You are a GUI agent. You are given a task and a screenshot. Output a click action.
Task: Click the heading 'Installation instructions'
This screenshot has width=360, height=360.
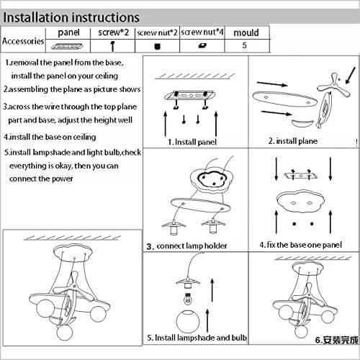[71, 18]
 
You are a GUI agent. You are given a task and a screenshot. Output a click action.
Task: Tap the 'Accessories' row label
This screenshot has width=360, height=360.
[23, 41]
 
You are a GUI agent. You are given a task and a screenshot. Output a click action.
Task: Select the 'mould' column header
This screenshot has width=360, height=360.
[246, 32]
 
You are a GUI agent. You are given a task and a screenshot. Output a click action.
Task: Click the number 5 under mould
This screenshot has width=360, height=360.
[244, 45]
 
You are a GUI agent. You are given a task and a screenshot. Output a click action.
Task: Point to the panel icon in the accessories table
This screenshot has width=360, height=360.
[67, 46]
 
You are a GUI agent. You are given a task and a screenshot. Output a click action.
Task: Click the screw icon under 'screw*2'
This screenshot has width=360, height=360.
[112, 46]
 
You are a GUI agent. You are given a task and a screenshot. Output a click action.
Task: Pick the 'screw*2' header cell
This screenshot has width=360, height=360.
[113, 32]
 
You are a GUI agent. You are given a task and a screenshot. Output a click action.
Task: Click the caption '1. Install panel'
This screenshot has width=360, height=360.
[192, 142]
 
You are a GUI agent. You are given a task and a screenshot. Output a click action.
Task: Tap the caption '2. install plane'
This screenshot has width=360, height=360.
[293, 141]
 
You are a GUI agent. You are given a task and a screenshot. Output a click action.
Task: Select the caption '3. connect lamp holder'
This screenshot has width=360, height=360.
[186, 246]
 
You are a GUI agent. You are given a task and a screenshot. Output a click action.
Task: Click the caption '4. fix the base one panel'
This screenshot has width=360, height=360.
[300, 245]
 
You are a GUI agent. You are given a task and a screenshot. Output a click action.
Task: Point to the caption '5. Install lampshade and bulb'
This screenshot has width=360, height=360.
[197, 338]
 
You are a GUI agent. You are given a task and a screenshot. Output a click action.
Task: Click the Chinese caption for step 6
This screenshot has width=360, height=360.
[336, 340]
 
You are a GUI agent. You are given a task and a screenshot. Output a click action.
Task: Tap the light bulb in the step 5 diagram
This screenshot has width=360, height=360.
[189, 298]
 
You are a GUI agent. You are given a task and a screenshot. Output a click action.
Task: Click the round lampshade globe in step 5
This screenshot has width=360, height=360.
[188, 322]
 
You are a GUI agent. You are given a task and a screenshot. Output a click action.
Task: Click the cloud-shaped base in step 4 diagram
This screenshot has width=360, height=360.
[300, 202]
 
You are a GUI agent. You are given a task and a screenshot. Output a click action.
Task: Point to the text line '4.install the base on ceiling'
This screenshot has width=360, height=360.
[50, 137]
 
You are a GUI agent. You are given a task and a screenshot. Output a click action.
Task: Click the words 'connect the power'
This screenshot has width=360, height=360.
[41, 179]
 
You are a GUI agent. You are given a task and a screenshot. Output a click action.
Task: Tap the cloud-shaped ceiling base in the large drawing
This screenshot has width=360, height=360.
[73, 253]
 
